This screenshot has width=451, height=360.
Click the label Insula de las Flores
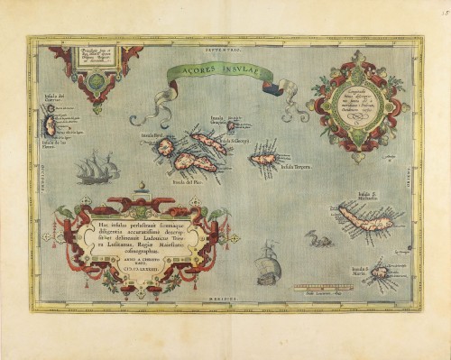[x=53, y=142]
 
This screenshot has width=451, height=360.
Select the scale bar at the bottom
[x=323, y=288]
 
